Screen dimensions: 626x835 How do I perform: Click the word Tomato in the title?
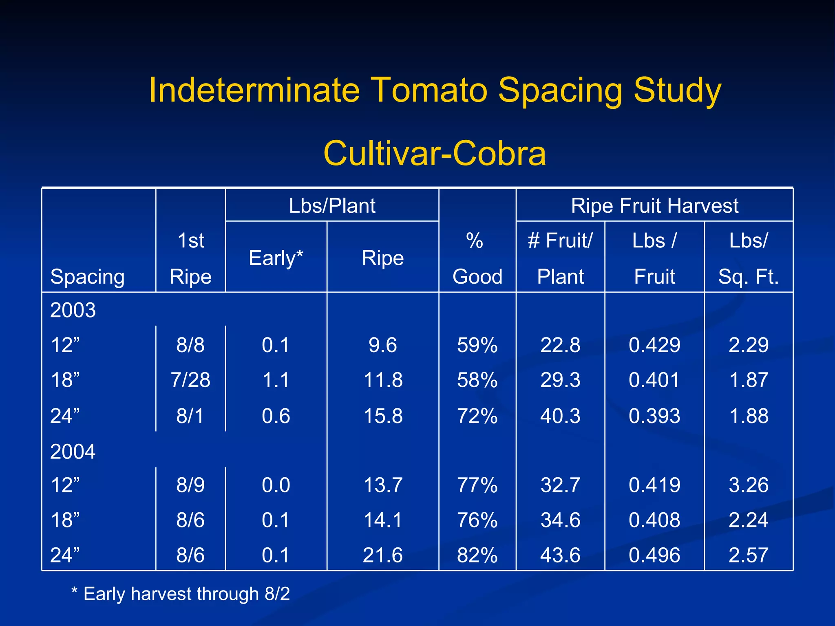[x=429, y=90]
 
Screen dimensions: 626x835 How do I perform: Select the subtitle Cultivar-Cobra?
[x=435, y=153]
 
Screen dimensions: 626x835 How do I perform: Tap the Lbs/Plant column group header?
[x=332, y=205]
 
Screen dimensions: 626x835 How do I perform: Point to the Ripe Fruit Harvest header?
[x=654, y=205]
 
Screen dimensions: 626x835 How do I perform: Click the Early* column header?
[x=276, y=258]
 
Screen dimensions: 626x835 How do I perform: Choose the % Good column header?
[x=477, y=258]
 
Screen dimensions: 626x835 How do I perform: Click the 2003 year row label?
[x=73, y=310]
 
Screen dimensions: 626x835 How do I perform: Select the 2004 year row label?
[x=73, y=452]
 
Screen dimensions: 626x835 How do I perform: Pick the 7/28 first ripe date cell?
[x=190, y=380]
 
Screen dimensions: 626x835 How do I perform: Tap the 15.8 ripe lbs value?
[x=383, y=416]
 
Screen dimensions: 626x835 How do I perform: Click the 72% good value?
[x=477, y=416]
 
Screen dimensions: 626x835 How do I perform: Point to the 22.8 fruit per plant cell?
[x=560, y=345]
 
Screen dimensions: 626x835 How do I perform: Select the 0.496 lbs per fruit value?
[x=654, y=555]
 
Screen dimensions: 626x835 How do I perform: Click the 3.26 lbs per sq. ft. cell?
[x=749, y=485]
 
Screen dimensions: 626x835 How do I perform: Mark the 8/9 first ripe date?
[x=190, y=485]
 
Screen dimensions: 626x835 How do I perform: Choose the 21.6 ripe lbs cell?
[x=383, y=555]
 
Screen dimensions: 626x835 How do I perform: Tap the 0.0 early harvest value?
[x=276, y=485]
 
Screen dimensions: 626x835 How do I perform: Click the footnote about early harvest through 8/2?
[x=181, y=594]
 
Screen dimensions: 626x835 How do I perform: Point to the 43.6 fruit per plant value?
[x=560, y=555]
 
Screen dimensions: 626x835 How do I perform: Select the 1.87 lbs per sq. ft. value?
[x=749, y=380]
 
